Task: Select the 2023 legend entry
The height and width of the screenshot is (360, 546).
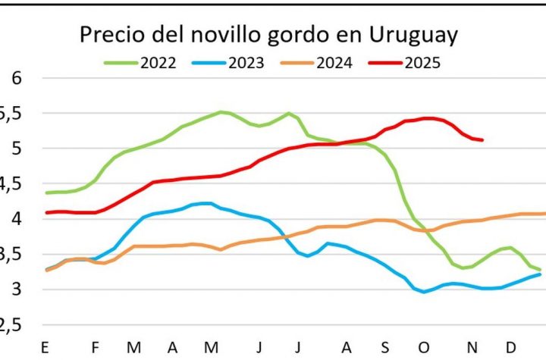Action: coord(245,63)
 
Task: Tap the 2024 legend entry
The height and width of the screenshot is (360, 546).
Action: coord(333,63)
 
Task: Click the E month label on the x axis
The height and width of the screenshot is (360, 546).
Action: coord(45,348)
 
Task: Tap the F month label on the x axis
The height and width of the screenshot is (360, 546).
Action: coord(96,348)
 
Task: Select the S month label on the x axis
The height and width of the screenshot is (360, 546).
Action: coord(385,348)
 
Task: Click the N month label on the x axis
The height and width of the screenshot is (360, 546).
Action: coord(472,348)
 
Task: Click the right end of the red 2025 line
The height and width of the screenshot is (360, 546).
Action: coord(482,139)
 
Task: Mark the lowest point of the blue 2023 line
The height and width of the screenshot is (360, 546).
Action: coord(425,292)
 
